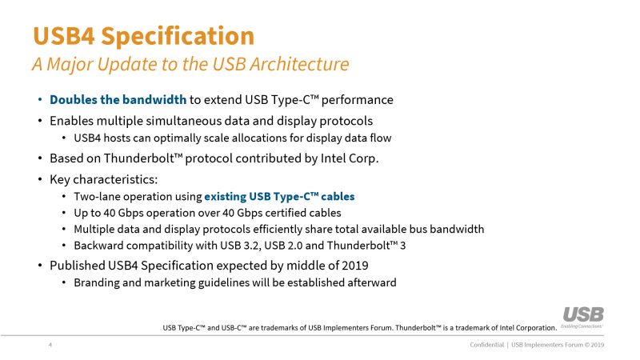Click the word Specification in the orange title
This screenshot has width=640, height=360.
coord(178,37)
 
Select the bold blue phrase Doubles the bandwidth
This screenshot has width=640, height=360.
coord(118,99)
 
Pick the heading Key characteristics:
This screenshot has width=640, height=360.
coord(104,179)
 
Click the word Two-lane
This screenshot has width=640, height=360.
coord(97,197)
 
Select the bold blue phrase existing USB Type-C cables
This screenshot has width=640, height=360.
coord(279,197)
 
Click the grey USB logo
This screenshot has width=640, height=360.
coord(583,315)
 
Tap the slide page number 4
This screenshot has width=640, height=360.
coord(50,345)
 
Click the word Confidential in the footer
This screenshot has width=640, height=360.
coord(487,345)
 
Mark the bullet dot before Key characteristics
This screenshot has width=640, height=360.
coord(40,179)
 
